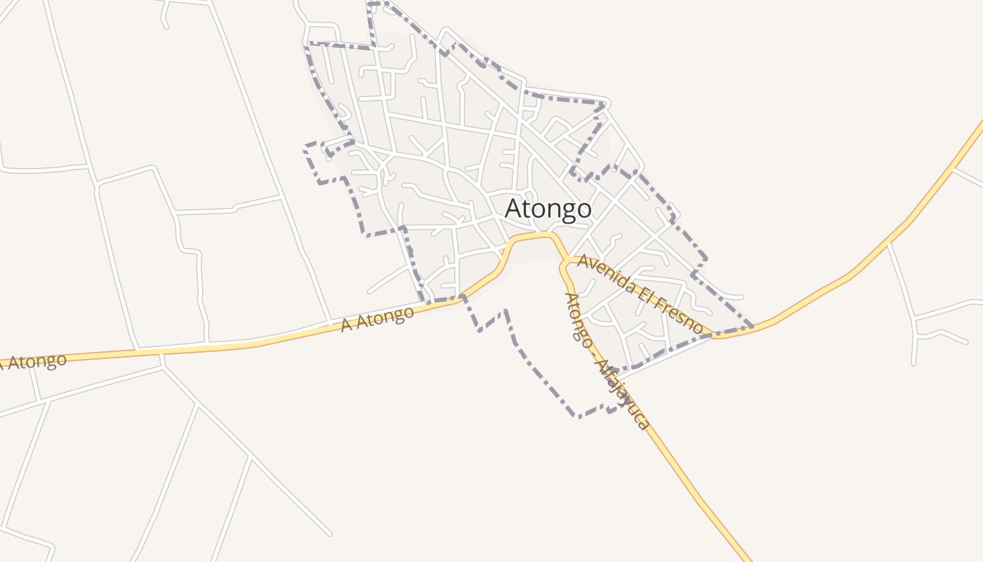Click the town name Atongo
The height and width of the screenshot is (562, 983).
coord(548,209)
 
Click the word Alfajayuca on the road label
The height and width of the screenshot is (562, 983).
coord(621,393)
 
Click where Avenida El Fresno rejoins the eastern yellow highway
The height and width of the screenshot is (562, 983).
coord(713,335)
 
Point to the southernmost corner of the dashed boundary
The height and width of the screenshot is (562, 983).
coord(578,417)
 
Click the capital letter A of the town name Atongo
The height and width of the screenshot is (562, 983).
coord(514,209)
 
